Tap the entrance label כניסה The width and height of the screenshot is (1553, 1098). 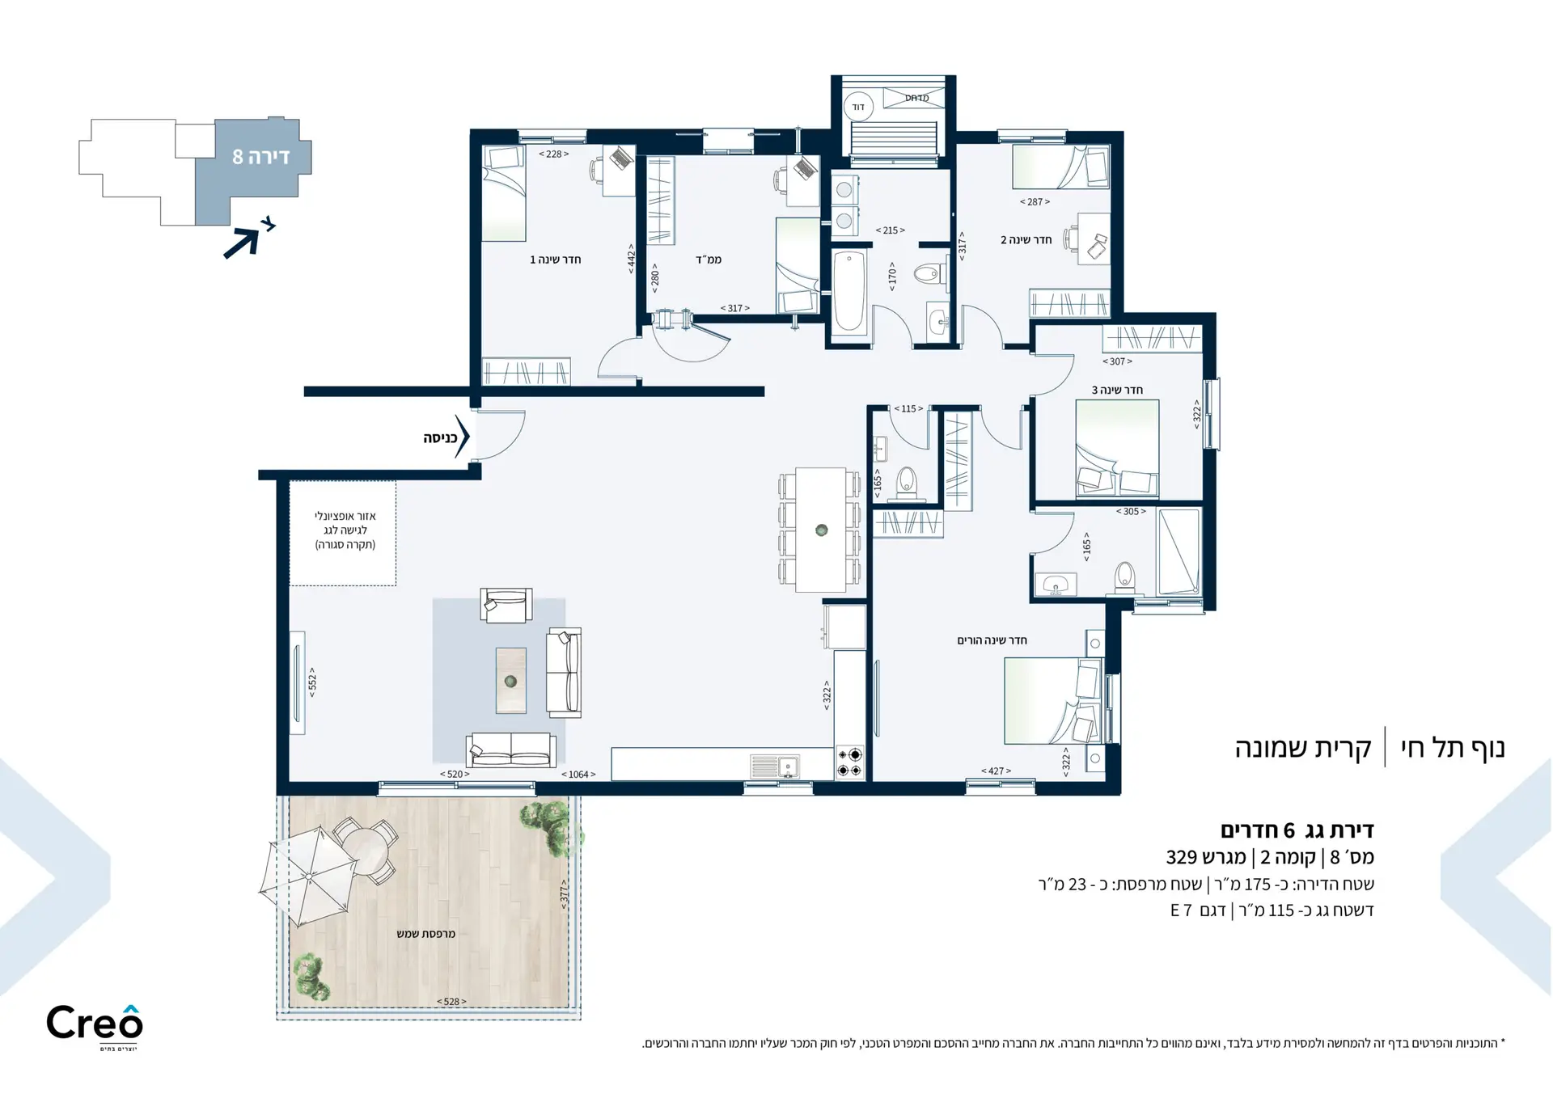(x=440, y=438)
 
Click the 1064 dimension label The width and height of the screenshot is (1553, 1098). (x=578, y=775)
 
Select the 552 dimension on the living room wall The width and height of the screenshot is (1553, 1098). (x=312, y=682)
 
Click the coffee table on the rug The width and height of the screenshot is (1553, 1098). (x=510, y=680)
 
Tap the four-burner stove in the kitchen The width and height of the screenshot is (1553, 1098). (x=849, y=762)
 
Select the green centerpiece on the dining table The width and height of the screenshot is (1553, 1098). (x=822, y=530)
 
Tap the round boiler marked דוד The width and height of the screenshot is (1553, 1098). (x=858, y=107)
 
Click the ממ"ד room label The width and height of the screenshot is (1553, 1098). (x=709, y=260)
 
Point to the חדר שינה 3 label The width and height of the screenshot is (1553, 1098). (x=1117, y=390)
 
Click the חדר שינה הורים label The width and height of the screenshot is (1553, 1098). (x=992, y=640)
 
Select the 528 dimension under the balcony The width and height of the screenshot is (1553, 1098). (x=451, y=1002)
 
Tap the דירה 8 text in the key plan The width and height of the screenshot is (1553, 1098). (x=260, y=157)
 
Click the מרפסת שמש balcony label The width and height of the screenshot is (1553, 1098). (x=425, y=934)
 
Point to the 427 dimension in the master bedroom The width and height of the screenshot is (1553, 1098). (x=996, y=771)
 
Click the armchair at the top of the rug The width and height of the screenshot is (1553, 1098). (x=506, y=605)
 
